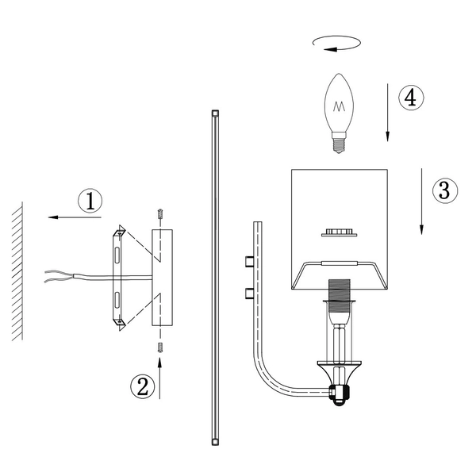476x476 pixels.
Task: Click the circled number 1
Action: click(x=90, y=202)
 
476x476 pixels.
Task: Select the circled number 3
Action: click(x=444, y=190)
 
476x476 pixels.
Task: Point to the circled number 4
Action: click(x=409, y=98)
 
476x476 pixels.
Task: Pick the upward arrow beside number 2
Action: click(x=161, y=376)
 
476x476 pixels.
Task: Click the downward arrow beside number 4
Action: click(x=388, y=111)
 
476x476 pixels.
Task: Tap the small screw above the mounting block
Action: click(x=160, y=215)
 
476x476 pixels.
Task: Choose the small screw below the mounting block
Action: click(x=160, y=347)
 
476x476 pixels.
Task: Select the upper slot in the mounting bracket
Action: click(x=117, y=255)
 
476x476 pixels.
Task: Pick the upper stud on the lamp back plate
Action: click(x=249, y=262)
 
